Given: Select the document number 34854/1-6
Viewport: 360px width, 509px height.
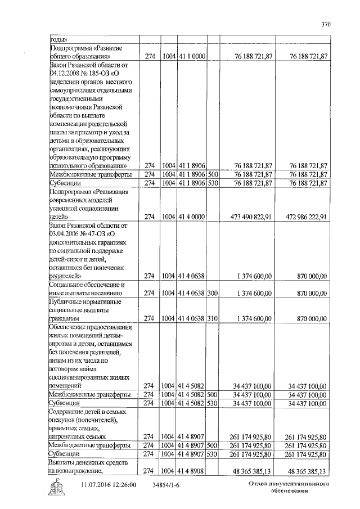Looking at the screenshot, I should point(168,484).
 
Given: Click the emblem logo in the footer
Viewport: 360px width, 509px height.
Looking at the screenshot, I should point(58,487).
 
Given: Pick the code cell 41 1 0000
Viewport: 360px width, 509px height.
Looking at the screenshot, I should point(192,56).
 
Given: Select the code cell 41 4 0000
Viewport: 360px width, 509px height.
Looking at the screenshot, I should point(192,216).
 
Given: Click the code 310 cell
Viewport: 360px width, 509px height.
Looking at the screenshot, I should point(213,318).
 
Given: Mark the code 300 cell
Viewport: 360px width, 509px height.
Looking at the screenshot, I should point(213,293).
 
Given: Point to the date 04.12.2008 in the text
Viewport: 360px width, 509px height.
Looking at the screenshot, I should point(67,73).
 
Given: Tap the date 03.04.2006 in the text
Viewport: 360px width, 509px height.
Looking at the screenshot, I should point(67,233).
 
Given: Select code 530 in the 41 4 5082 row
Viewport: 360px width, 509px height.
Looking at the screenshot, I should point(213,403).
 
